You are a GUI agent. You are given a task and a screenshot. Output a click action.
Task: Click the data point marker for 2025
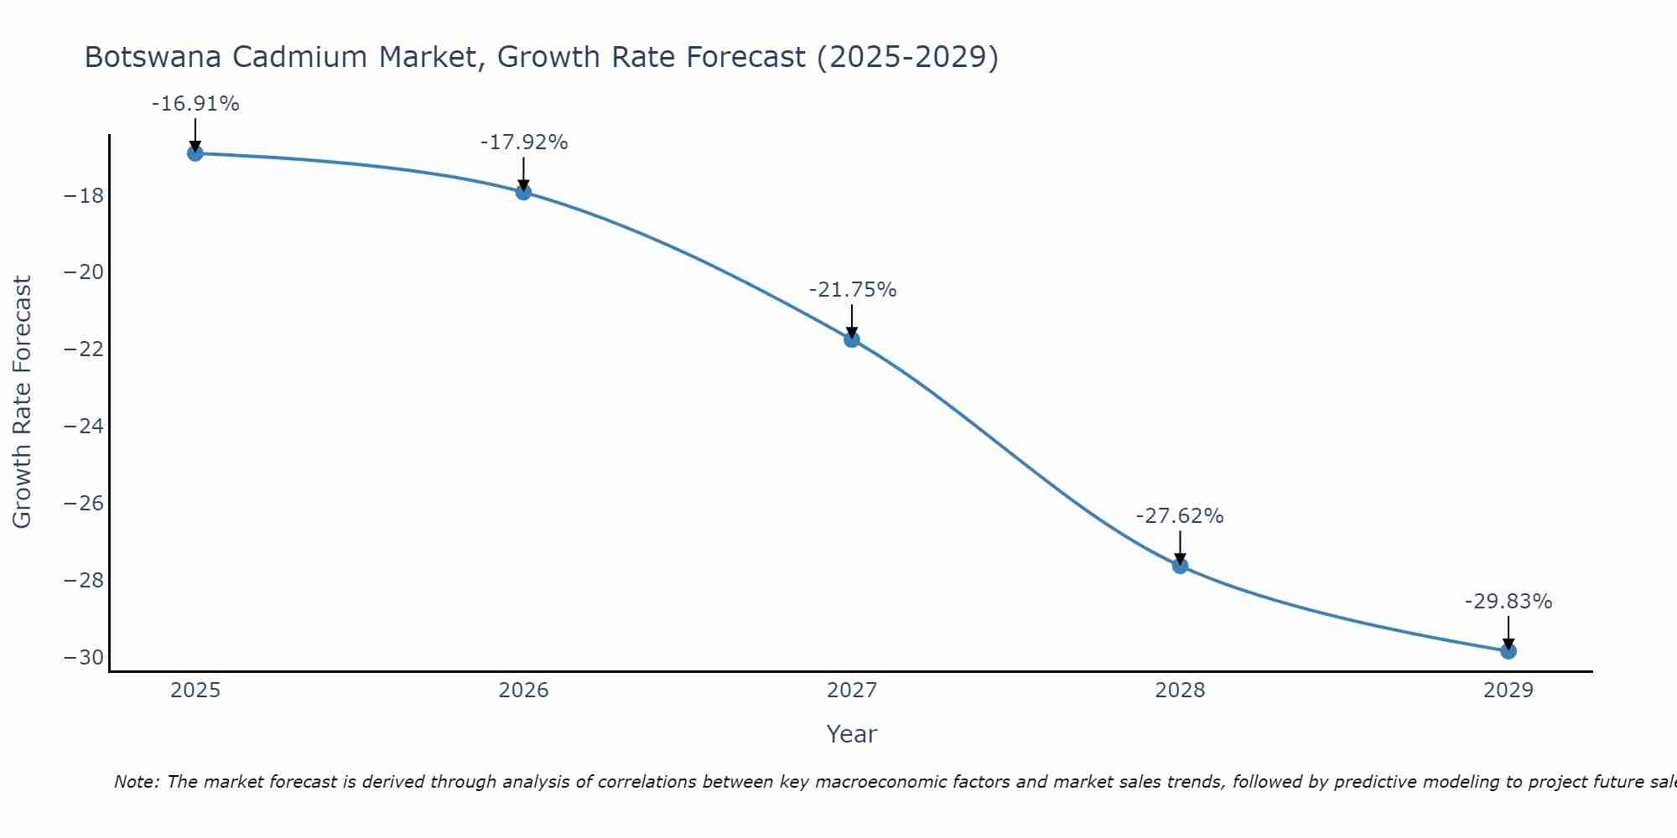click(195, 153)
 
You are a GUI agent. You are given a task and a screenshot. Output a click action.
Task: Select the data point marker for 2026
click(523, 192)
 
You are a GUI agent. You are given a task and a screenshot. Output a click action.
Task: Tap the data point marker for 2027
click(852, 339)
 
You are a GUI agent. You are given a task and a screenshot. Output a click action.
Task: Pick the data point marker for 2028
click(1180, 566)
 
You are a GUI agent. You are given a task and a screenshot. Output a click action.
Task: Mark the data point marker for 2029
click(1508, 651)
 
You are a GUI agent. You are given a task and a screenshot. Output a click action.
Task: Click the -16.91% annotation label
click(195, 104)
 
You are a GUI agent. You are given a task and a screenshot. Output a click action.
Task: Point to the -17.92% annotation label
click(524, 142)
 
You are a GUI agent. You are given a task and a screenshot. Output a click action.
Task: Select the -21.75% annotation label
click(853, 290)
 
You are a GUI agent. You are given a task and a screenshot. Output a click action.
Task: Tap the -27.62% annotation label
click(1180, 516)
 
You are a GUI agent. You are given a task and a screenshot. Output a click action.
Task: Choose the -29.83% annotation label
click(1508, 602)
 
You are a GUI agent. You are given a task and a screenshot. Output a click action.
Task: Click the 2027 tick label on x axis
click(852, 691)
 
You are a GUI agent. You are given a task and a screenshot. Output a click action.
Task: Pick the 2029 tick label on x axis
click(1508, 691)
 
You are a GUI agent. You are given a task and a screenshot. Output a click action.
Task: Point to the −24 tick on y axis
click(84, 427)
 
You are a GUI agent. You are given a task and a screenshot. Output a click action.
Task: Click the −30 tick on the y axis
click(84, 657)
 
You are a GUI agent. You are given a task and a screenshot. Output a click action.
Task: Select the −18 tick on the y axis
click(84, 196)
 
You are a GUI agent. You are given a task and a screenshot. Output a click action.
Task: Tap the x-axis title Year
click(852, 734)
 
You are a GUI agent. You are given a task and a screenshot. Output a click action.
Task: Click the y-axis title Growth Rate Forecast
click(23, 402)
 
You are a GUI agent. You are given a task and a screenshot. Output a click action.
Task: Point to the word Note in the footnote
click(136, 782)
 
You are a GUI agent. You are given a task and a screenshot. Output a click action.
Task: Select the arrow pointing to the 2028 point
click(1180, 546)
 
